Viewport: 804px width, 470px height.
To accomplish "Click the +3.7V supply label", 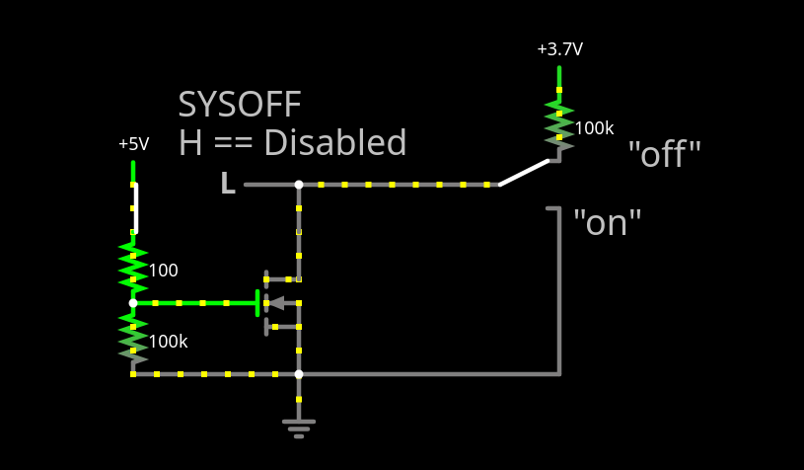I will click(559, 48).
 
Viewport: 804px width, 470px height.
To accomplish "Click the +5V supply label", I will click(133, 144).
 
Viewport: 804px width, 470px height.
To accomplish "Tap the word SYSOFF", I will click(240, 105).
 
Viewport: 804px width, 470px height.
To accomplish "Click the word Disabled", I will click(334, 143).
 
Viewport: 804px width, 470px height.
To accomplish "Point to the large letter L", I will click(227, 184).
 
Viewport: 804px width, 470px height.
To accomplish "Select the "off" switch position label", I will click(664, 154).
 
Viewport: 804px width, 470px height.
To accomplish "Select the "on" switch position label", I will click(608, 222).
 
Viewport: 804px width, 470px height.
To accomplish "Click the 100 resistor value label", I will click(163, 271).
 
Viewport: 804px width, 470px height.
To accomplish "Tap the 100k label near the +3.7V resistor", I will click(594, 128).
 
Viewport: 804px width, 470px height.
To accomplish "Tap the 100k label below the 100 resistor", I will click(168, 342).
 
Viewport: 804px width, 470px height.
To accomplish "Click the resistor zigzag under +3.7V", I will click(559, 124).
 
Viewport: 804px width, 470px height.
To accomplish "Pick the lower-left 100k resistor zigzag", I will click(133, 336).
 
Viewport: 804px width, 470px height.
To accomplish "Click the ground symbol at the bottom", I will click(299, 427).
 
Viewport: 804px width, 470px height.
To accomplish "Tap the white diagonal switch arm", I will click(524, 172).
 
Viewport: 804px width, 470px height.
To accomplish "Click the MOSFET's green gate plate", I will click(257, 303).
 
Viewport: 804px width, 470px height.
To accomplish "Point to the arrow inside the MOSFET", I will click(277, 303).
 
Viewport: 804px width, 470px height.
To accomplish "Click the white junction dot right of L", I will click(299, 185).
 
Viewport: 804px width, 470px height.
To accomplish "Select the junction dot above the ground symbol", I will click(299, 374).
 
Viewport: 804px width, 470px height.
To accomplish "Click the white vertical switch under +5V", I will click(136, 207).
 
